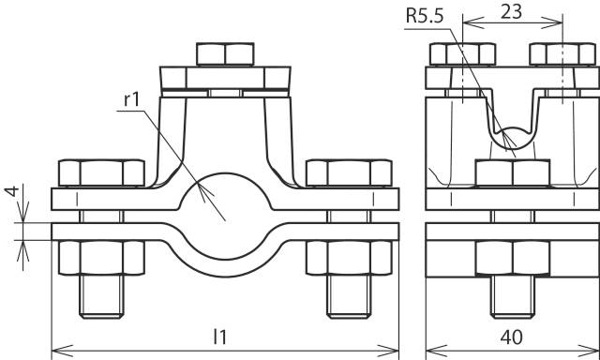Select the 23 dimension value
coord(512,13)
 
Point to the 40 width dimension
coord(512,336)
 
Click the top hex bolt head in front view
coord(226,53)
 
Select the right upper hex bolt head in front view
coord(351,172)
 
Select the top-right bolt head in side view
coord(562,54)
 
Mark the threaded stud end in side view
coord(512,296)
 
